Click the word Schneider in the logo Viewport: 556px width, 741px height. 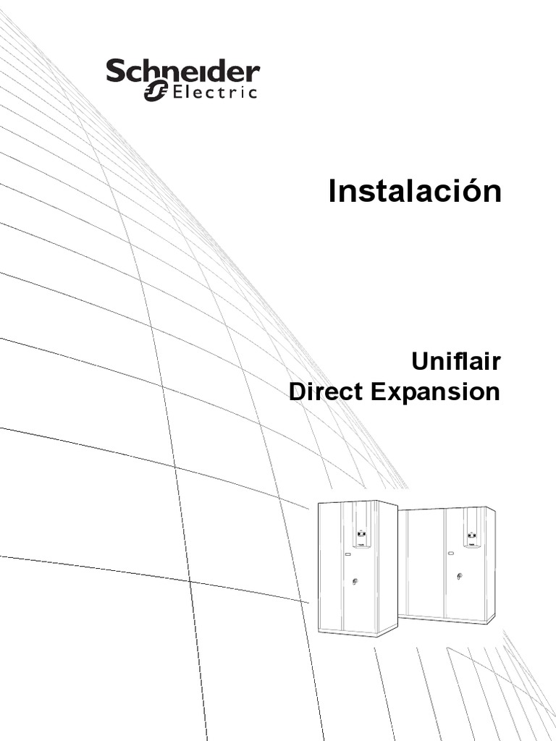point(183,72)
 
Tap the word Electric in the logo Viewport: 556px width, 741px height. point(214,92)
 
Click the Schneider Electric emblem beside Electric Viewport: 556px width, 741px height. point(156,91)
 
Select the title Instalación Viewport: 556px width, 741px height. point(414,192)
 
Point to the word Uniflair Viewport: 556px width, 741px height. point(456,360)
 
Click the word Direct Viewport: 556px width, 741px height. point(327,392)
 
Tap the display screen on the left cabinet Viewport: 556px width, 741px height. point(361,535)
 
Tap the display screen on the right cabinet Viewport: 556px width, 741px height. point(471,536)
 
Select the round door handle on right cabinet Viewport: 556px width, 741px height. point(459,577)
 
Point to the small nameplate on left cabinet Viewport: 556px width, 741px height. point(347,555)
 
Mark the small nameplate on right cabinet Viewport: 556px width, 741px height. point(451,554)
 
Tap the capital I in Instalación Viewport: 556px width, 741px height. point(333,192)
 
